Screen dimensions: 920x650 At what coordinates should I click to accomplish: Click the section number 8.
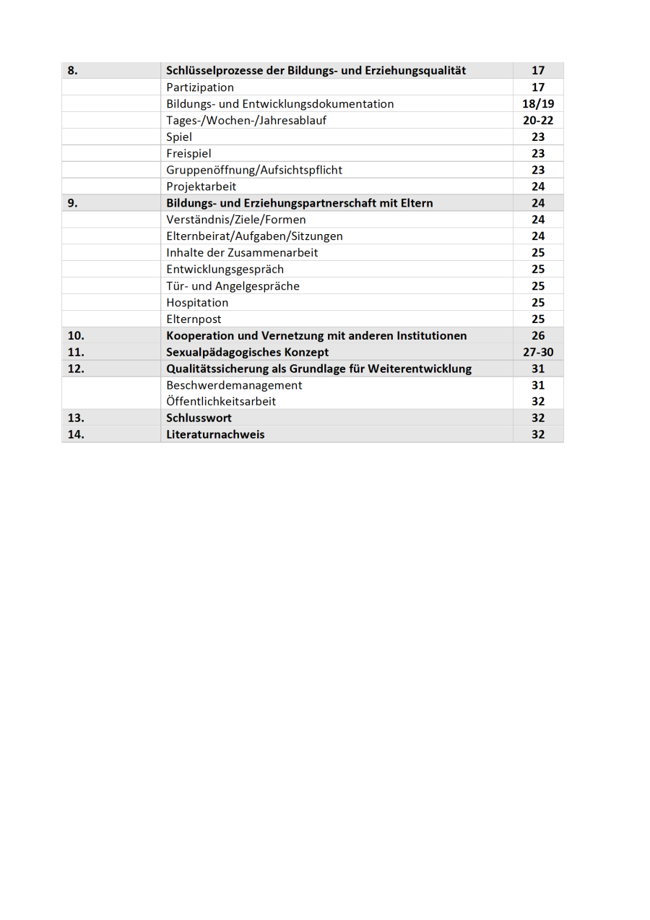click(72, 71)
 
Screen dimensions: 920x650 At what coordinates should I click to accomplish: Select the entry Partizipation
click(200, 87)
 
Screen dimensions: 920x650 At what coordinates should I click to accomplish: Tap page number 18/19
click(538, 104)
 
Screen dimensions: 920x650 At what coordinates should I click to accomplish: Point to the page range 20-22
click(538, 121)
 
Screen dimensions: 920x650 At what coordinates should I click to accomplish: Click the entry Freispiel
click(188, 153)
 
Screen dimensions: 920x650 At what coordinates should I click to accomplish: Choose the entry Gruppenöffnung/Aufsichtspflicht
click(254, 170)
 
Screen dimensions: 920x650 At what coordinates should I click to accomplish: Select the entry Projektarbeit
click(201, 186)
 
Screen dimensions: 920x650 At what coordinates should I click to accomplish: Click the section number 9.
click(72, 203)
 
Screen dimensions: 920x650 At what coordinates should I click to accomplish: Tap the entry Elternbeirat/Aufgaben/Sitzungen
click(254, 236)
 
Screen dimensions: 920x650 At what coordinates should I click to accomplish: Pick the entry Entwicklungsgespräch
click(225, 270)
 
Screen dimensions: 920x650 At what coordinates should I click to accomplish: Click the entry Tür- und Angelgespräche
click(233, 286)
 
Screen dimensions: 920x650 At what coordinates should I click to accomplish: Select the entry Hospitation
click(197, 303)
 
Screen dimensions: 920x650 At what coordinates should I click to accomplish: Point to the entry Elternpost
click(194, 319)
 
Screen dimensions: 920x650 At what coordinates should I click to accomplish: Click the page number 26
click(538, 336)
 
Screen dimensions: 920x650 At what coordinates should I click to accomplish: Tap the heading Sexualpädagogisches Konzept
click(247, 353)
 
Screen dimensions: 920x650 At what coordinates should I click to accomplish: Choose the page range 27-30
click(538, 353)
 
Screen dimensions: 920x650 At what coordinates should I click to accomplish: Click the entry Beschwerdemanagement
click(234, 385)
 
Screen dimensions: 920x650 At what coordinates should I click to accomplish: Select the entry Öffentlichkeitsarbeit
click(221, 401)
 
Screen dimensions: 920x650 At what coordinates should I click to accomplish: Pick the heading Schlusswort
click(199, 418)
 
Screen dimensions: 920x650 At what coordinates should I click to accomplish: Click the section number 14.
click(76, 434)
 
